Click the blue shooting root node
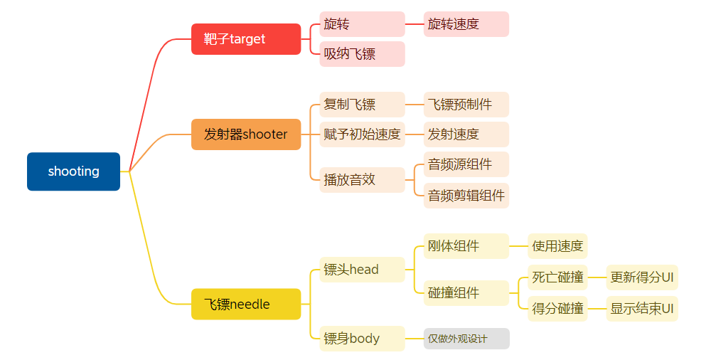pyautogui.click(x=73, y=171)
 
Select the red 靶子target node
pyautogui.click(x=246, y=39)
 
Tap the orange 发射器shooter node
pyautogui.click(x=246, y=134)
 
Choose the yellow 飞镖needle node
pyautogui.click(x=246, y=305)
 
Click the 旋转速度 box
pyautogui.click(x=466, y=24)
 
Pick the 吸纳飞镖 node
pyautogui.click(x=362, y=54)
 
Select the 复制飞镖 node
pyautogui.click(x=362, y=105)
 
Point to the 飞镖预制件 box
pyautogui.click(x=466, y=105)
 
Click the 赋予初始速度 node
pyautogui.click(x=362, y=134)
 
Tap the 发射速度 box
pyautogui.click(x=466, y=134)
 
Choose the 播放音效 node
pyautogui.click(x=362, y=180)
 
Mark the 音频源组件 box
pyautogui.click(x=466, y=164)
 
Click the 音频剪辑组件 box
pyautogui.click(x=466, y=196)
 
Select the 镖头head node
pyautogui.click(x=362, y=270)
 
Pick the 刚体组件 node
pyautogui.click(x=466, y=246)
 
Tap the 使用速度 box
pyautogui.click(x=557, y=246)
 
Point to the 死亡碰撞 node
pyautogui.click(x=557, y=277)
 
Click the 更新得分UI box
pyautogui.click(x=642, y=277)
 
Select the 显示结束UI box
pyautogui.click(x=642, y=309)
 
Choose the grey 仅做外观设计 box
pyautogui.click(x=466, y=339)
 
